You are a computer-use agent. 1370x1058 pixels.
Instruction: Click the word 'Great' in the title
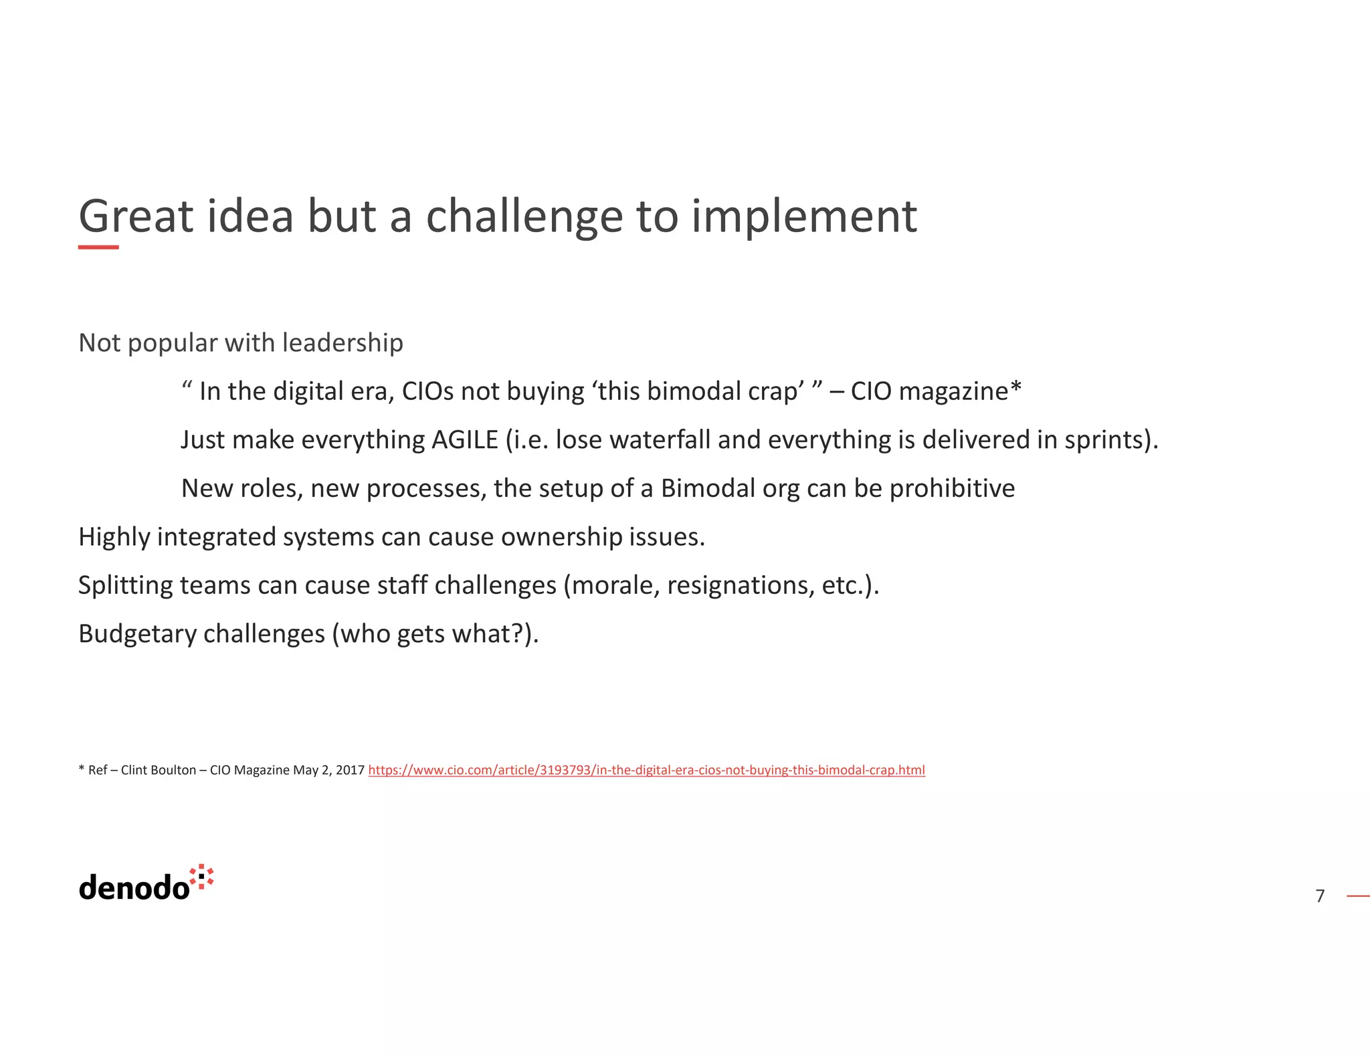(x=136, y=217)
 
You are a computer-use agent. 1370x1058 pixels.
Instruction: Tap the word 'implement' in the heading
(x=803, y=217)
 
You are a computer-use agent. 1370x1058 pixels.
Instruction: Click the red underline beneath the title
(x=98, y=247)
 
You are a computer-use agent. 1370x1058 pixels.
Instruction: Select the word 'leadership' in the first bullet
(x=342, y=343)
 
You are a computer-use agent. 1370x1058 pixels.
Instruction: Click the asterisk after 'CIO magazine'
(x=1015, y=388)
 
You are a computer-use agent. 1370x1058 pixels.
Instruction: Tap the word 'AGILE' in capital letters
(x=465, y=440)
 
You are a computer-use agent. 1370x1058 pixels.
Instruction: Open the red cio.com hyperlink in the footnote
(x=646, y=770)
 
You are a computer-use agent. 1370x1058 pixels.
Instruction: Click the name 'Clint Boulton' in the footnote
(x=159, y=770)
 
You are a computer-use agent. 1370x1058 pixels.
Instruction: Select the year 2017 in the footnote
(x=350, y=770)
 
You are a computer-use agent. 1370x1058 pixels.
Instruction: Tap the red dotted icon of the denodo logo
(x=201, y=877)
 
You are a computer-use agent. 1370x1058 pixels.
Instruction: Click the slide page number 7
(x=1320, y=896)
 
